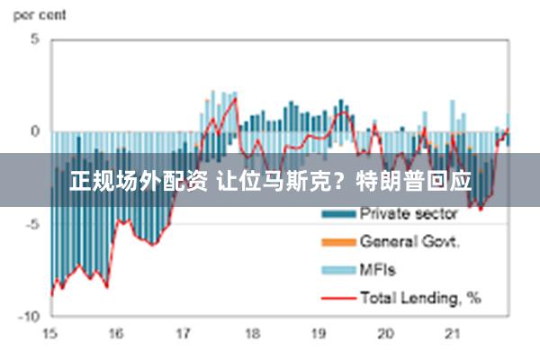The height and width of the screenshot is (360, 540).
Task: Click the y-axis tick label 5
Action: [x=35, y=40]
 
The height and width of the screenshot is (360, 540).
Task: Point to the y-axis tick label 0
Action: [x=35, y=131]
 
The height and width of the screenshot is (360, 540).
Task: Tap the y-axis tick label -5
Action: [x=32, y=224]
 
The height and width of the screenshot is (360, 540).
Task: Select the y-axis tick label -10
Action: [x=30, y=317]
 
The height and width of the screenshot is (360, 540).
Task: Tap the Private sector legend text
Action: [x=409, y=214]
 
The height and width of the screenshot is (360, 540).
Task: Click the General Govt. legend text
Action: [x=410, y=241]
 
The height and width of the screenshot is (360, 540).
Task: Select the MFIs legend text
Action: [x=378, y=269]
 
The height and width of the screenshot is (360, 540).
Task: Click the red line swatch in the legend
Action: [x=337, y=297]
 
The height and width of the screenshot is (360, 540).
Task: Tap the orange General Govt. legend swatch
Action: [x=337, y=242]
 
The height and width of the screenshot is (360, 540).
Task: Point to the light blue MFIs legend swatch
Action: [x=337, y=269]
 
